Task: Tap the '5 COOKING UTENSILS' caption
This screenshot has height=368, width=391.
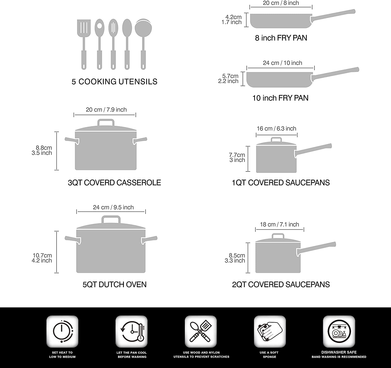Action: pos(114,82)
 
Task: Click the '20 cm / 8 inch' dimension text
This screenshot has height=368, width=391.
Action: pos(281,3)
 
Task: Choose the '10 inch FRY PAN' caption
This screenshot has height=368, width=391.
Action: pos(280,98)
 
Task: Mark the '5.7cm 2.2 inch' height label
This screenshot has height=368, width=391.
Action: pos(229,78)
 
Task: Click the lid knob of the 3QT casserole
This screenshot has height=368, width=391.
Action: pos(106,122)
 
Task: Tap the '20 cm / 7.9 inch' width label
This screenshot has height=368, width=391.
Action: pos(106,110)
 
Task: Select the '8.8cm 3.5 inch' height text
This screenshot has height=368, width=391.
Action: pos(42,150)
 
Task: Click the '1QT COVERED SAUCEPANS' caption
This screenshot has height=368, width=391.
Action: pos(281,183)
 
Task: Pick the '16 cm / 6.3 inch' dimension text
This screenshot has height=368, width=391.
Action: pos(276,128)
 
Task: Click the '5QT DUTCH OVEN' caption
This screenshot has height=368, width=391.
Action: pos(114,284)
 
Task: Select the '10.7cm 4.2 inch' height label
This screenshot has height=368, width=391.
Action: pos(42,258)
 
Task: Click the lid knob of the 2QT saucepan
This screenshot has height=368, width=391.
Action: pos(278,236)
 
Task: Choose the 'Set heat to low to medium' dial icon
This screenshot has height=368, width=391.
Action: pos(62,332)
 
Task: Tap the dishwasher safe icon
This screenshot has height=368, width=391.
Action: pos(339,332)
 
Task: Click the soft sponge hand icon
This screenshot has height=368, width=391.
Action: pos(270,332)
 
